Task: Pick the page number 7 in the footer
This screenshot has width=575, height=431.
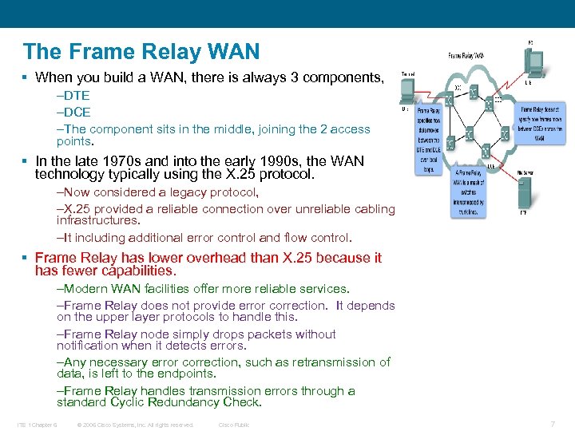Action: pos(553,424)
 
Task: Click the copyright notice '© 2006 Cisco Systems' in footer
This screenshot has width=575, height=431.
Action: pos(134,425)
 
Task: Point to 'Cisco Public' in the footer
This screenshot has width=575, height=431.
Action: pos(234,425)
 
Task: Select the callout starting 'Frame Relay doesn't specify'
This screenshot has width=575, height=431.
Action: pos(542,125)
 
